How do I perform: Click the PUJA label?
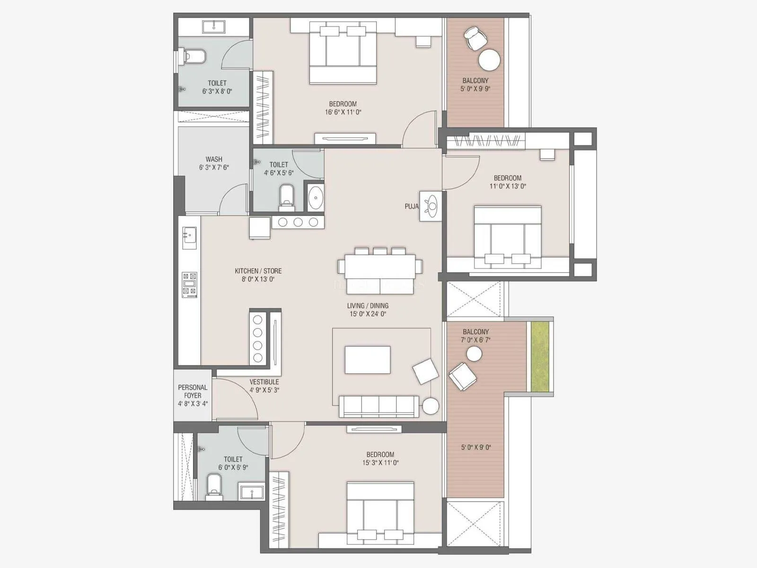pyautogui.click(x=411, y=206)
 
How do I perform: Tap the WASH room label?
pyautogui.click(x=214, y=159)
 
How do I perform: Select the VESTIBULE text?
pyautogui.click(x=264, y=382)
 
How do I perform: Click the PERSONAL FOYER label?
pyautogui.click(x=193, y=391)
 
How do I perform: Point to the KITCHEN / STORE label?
pyautogui.click(x=258, y=271)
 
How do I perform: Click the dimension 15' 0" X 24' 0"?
pyautogui.click(x=368, y=314)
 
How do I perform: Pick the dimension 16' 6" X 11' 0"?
pyautogui.click(x=343, y=112)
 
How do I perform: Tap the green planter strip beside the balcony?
pyautogui.click(x=540, y=356)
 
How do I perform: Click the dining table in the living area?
pyautogui.click(x=380, y=267)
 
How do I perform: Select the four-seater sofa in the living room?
pyautogui.click(x=379, y=407)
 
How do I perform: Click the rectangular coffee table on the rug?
pyautogui.click(x=368, y=360)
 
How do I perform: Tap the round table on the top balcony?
pyautogui.click(x=489, y=60)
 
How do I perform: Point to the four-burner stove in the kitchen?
pyautogui.click(x=190, y=285)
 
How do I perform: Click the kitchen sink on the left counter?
pyautogui.click(x=189, y=235)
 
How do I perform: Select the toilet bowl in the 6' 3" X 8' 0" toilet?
pyautogui.click(x=194, y=57)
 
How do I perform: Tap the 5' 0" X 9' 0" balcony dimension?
pyautogui.click(x=475, y=447)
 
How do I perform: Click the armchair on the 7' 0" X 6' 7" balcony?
pyautogui.click(x=462, y=376)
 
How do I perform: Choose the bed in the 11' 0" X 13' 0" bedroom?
pyautogui.click(x=508, y=237)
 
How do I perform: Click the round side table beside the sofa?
pyautogui.click(x=431, y=406)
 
